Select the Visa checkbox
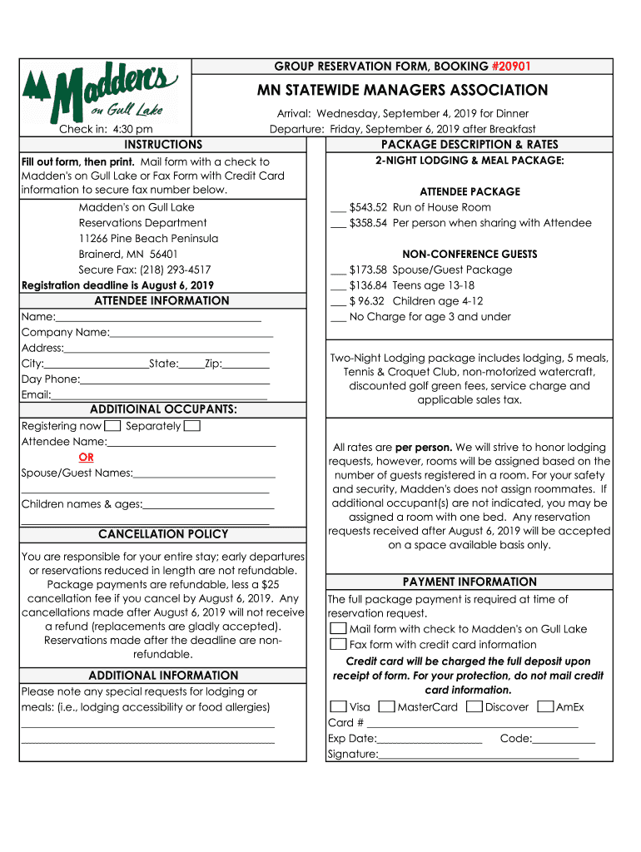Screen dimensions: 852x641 tap(338, 707)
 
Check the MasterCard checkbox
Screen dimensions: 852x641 tap(386, 707)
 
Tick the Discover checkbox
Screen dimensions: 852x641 tap(474, 707)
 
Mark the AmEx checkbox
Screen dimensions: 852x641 tap(545, 707)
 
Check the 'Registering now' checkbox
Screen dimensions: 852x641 tap(113, 426)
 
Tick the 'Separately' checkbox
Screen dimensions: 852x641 tap(191, 426)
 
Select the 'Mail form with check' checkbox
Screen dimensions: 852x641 tap(338, 629)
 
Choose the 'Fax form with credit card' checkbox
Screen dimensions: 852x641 tap(338, 644)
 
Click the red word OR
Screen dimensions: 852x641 tap(86, 458)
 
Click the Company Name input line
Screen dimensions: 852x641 tap(191, 334)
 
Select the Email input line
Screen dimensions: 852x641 tap(160, 397)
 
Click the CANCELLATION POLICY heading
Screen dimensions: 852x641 tap(163, 534)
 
